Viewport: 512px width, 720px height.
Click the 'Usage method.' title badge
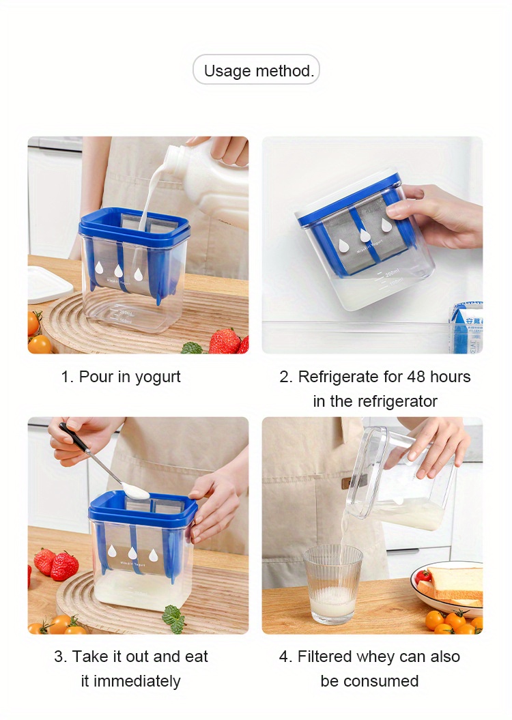(x=256, y=70)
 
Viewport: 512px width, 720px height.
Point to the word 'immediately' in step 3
(x=137, y=681)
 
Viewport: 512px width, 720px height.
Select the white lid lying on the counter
(x=48, y=283)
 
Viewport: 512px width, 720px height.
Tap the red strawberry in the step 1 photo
(x=225, y=341)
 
